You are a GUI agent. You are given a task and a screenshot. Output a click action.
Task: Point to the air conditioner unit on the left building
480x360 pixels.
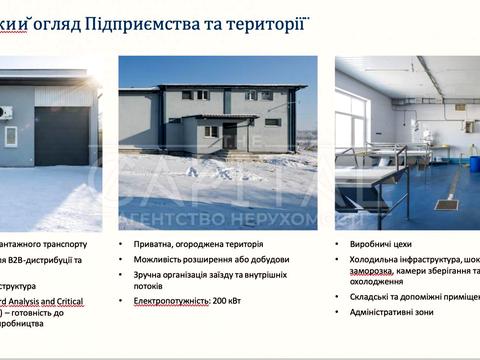[x=6, y=112]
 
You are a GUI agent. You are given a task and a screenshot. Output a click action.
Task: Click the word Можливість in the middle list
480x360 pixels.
[x=159, y=259]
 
